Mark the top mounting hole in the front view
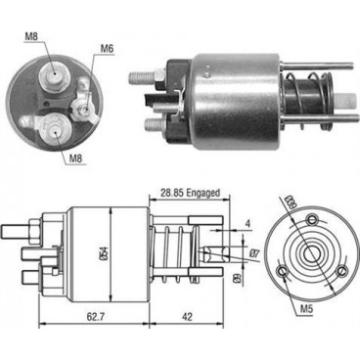point(313,219)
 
